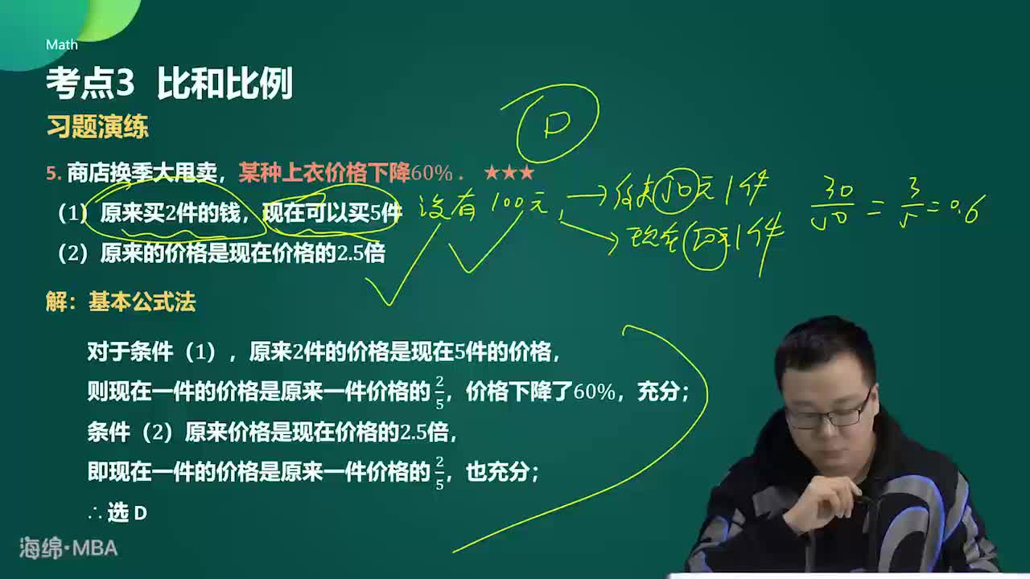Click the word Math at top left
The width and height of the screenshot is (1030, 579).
pyautogui.click(x=62, y=45)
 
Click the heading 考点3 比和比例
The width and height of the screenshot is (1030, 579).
pyautogui.click(x=169, y=84)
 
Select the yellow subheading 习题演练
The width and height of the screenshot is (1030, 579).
pyautogui.click(x=97, y=127)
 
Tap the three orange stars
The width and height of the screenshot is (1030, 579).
pyautogui.click(x=509, y=173)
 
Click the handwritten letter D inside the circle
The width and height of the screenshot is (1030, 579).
pyautogui.click(x=557, y=124)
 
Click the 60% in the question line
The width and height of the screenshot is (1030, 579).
pyautogui.click(x=432, y=173)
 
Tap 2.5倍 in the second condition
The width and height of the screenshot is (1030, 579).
pyautogui.click(x=362, y=253)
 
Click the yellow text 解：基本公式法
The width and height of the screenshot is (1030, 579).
pyautogui.click(x=121, y=302)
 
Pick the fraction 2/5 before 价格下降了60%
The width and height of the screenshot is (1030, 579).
pyautogui.click(x=439, y=392)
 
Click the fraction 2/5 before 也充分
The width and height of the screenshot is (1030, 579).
pyautogui.click(x=439, y=473)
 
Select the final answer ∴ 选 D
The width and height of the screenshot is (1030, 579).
pyautogui.click(x=117, y=513)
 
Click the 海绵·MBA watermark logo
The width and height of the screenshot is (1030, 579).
pyautogui.click(x=68, y=548)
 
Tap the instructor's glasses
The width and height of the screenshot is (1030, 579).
pyautogui.click(x=829, y=415)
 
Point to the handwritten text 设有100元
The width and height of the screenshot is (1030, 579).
pyautogui.click(x=483, y=207)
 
